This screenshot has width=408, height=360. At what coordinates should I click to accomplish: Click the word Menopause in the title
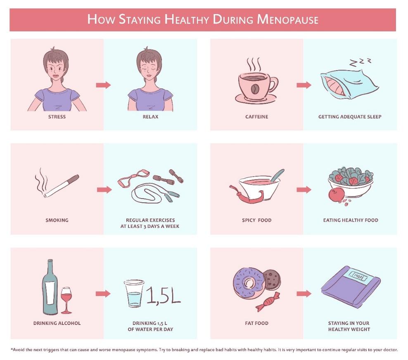(287, 19)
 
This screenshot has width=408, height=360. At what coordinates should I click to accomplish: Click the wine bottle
(50, 287)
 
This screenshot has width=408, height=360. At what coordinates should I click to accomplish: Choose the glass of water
(134, 294)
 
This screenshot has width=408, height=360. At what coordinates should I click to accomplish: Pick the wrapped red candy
(268, 302)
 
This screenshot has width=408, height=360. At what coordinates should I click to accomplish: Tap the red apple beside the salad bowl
(337, 195)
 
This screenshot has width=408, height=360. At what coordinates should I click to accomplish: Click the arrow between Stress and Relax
(103, 85)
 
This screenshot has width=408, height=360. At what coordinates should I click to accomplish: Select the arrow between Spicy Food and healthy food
(304, 189)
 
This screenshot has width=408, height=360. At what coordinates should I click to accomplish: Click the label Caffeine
(256, 117)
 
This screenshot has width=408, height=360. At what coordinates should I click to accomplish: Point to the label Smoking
(57, 220)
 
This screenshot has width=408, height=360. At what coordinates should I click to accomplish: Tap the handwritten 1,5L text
(163, 295)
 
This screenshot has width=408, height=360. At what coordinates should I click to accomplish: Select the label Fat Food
(256, 323)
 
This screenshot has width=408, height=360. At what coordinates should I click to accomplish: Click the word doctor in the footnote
(391, 350)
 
